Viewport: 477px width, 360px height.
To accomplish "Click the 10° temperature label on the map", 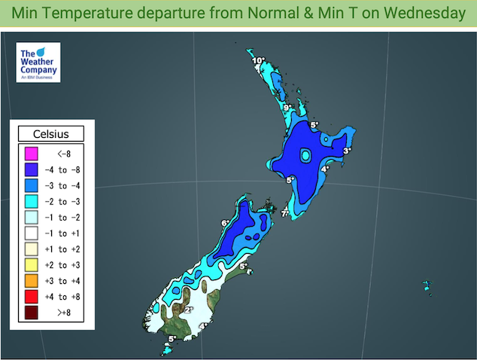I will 258,60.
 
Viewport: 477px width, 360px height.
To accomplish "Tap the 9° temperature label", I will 287,108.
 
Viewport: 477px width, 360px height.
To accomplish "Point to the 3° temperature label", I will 347,151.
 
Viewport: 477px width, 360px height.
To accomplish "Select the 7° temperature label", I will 285,214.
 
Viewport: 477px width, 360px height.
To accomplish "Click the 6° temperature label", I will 224,223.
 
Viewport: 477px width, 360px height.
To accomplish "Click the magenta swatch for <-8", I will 31,155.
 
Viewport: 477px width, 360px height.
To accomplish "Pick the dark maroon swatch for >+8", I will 31,313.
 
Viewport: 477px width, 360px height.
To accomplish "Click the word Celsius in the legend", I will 51,134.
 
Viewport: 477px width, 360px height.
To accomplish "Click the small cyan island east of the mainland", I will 427,286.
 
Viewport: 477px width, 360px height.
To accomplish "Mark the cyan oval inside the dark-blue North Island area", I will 305,156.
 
